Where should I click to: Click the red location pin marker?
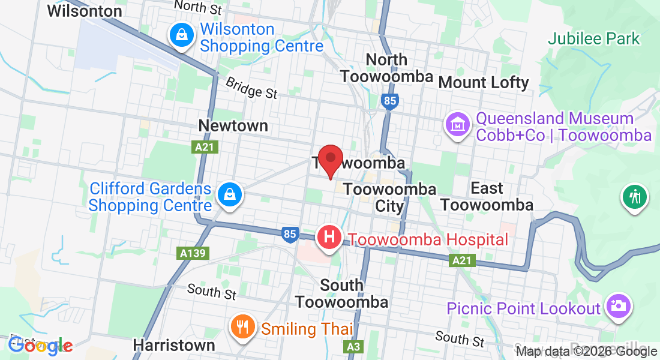[x=330, y=159]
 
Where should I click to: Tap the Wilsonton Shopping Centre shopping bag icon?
[x=181, y=36]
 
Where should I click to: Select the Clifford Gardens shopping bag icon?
[x=229, y=195]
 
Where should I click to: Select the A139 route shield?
[x=193, y=253]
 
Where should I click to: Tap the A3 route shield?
[x=353, y=347]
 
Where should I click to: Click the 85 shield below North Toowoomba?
[x=389, y=101]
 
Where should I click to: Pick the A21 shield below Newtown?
[x=204, y=147]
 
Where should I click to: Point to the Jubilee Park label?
[x=594, y=40]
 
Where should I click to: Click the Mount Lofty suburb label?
[x=484, y=82]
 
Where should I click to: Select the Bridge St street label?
[x=252, y=88]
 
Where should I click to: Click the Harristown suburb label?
[x=174, y=345]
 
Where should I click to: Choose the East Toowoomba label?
[x=487, y=197]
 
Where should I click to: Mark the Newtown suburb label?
[x=233, y=125]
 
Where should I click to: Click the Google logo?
[x=40, y=345]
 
